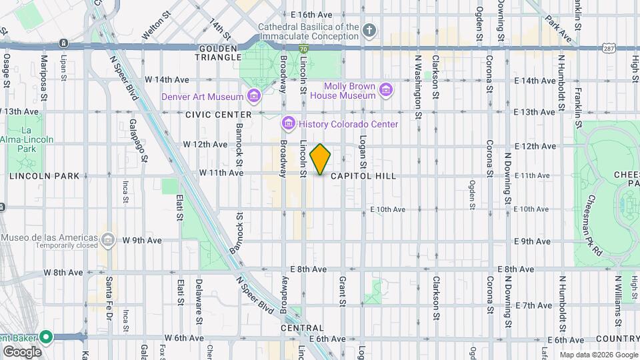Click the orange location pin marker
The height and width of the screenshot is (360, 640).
321,159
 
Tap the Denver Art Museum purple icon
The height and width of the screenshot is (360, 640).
253,97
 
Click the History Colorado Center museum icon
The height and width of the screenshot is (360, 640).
289,124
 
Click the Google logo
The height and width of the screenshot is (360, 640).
22,351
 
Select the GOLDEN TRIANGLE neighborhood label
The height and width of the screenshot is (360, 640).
219,53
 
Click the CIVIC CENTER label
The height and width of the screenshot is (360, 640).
218,115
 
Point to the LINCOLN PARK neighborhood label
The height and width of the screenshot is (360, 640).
44,176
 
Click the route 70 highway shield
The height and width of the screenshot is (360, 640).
303,49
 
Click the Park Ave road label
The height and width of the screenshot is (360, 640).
558,28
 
